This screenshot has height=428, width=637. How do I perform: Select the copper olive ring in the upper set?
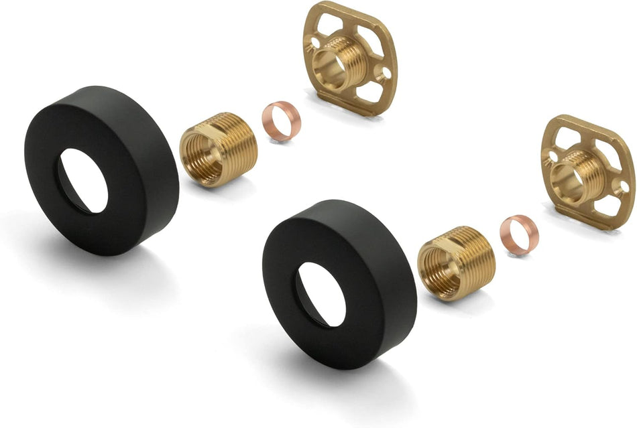[281, 121]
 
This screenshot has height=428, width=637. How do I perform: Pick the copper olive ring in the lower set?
[519, 234]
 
